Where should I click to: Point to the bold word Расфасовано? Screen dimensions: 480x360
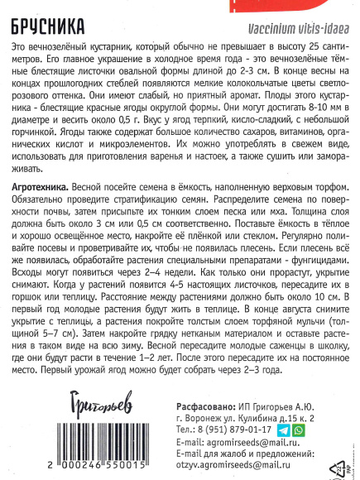pyautogui.click(x=211, y=383)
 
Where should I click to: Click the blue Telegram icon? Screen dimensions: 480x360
pyautogui.click(x=284, y=406)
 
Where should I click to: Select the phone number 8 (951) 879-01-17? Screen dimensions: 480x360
pyautogui.click(x=237, y=406)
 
